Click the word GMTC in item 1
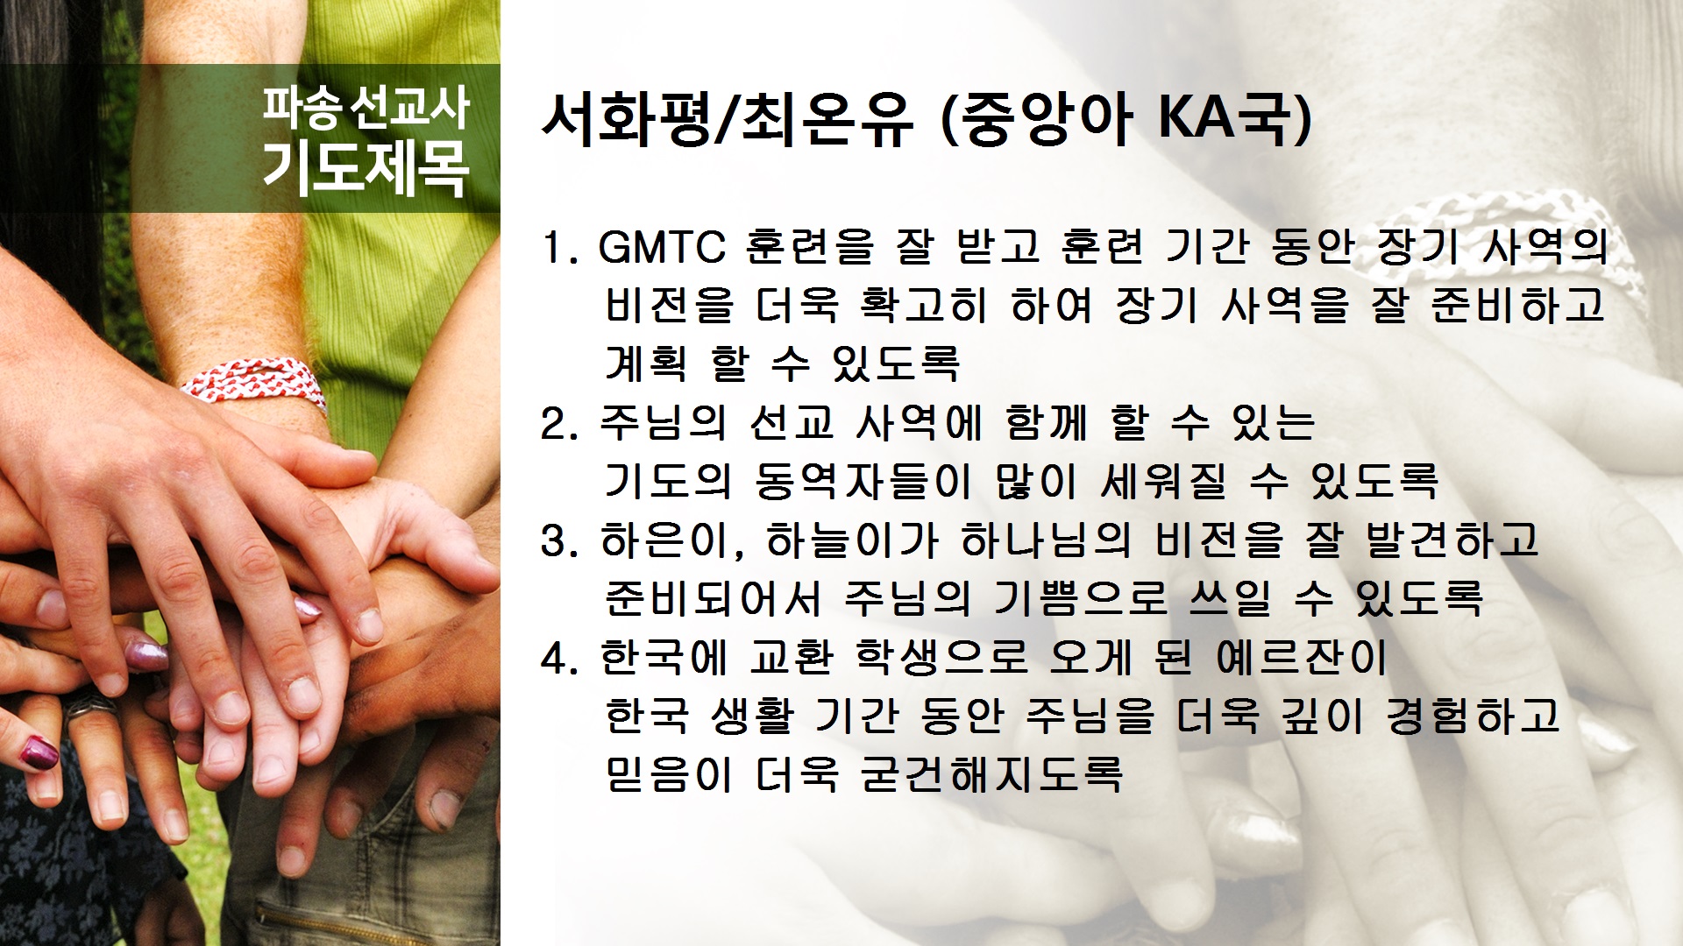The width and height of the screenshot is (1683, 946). click(x=662, y=247)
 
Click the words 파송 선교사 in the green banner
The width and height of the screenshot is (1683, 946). click(x=366, y=107)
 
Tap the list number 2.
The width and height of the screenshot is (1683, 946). click(x=558, y=424)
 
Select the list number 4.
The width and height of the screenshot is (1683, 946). click(x=558, y=659)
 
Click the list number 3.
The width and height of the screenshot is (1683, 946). click(x=558, y=541)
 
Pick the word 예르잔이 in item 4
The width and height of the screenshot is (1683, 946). click(x=1302, y=658)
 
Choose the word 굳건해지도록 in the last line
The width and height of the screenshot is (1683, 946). click(x=991, y=774)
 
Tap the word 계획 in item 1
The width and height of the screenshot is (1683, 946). click(x=646, y=364)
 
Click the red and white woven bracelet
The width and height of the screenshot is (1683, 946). click(x=254, y=385)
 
